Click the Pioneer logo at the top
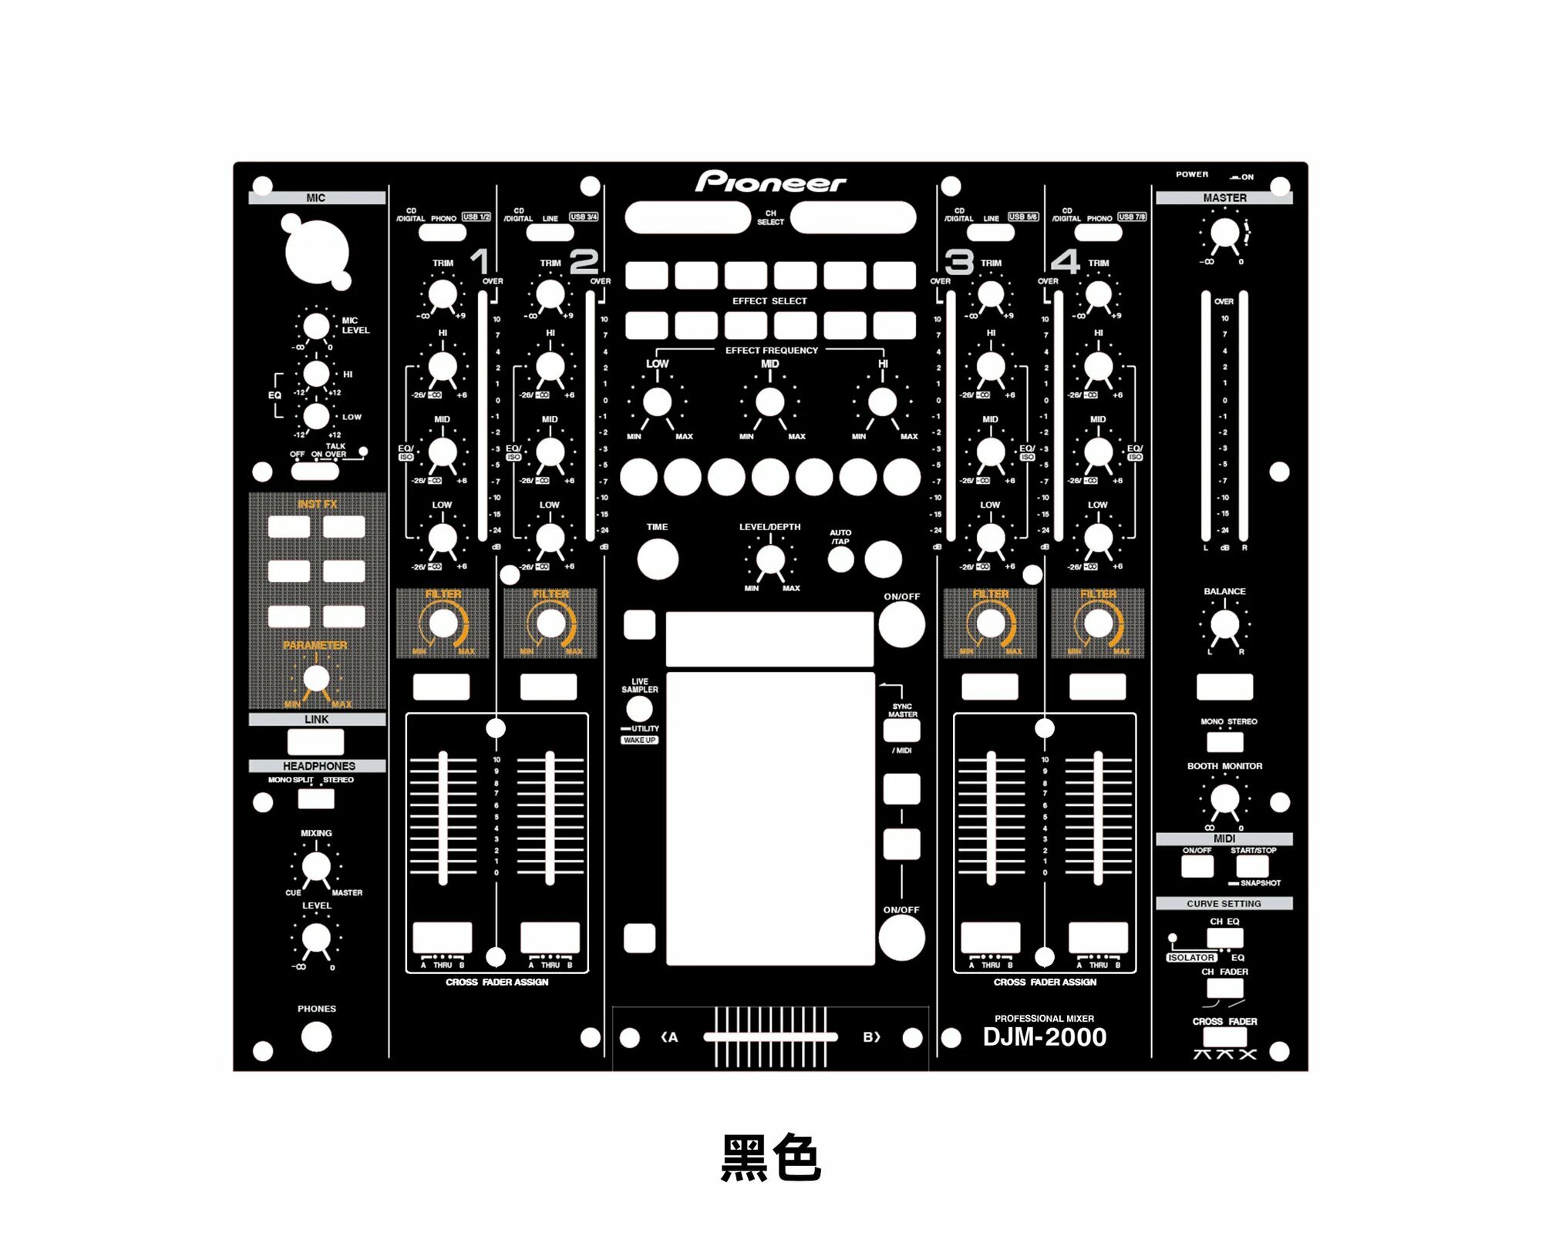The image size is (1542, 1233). [770, 182]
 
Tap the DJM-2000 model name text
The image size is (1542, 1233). [1044, 1037]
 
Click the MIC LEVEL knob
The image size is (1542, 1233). [316, 326]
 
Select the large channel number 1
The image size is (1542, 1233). [480, 262]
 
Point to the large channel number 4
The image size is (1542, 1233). [1065, 262]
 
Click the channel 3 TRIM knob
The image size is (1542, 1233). [991, 294]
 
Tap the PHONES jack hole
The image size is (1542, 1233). [316, 1037]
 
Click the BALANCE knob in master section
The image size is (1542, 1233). [1224, 624]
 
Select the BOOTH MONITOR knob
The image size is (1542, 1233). [1224, 800]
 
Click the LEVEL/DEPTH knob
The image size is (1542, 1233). [770, 560]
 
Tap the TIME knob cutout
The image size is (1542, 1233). [658, 559]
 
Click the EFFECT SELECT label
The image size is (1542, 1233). [769, 301]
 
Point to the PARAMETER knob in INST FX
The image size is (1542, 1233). [316, 679]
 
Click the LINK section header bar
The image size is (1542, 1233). [316, 720]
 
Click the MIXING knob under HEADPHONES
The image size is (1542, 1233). [316, 866]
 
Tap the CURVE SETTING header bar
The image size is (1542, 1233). [1224, 904]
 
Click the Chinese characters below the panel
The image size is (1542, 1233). [770, 1158]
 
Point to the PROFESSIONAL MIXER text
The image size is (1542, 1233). [1044, 1019]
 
